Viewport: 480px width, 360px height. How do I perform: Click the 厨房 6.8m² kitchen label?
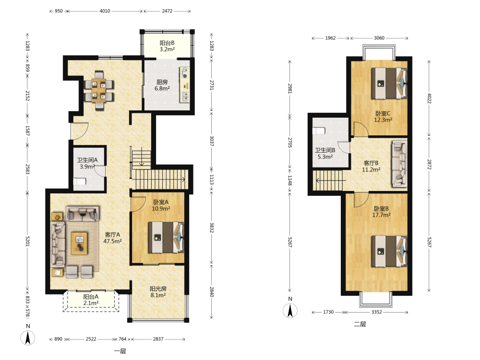(162, 85)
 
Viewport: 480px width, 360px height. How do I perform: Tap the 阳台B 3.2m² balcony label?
(167, 46)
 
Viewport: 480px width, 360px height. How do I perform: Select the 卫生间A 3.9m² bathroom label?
(87, 164)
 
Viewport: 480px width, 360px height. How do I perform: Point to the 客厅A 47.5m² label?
(112, 238)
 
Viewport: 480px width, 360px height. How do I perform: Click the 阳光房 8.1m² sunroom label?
(158, 292)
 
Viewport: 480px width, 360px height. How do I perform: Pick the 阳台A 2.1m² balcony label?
(91, 300)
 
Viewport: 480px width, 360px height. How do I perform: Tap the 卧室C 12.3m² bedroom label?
(383, 117)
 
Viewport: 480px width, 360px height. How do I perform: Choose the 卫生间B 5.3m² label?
(325, 154)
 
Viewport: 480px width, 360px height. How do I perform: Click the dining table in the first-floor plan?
(99, 90)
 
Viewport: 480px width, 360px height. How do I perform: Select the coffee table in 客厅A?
(79, 243)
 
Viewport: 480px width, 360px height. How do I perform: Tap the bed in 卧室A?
(166, 237)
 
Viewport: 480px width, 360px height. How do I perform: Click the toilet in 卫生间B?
(319, 131)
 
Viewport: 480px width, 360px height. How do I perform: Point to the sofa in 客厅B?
(399, 164)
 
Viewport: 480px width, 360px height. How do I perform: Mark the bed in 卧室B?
(389, 252)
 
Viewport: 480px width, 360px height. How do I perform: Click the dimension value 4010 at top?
(105, 11)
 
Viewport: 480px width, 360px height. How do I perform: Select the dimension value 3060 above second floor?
(379, 38)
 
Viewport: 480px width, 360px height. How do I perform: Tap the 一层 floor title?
(120, 351)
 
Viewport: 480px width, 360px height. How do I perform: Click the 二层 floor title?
(360, 324)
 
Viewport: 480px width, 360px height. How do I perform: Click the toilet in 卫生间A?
(80, 181)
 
